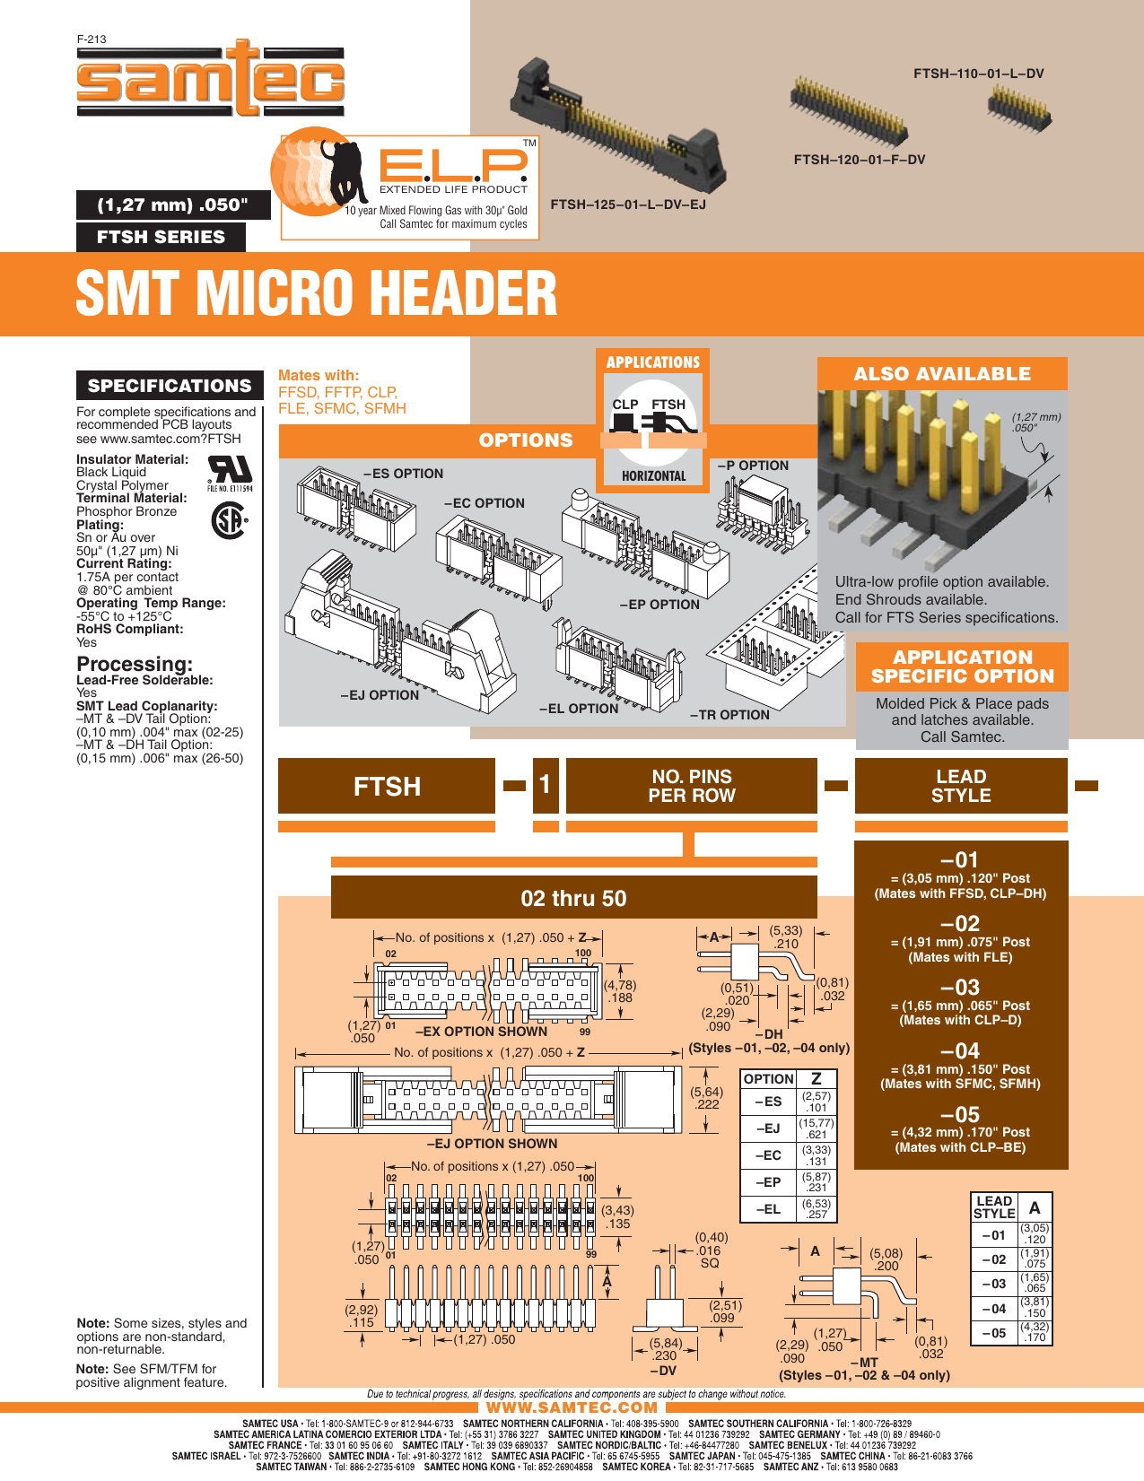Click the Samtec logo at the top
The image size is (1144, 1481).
tap(210, 78)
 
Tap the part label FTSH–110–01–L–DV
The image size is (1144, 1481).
tap(978, 74)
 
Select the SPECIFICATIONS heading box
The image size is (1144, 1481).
tap(169, 385)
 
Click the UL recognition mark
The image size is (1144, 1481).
tap(230, 473)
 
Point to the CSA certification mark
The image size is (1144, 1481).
tap(229, 520)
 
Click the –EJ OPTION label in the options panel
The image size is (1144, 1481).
tap(380, 695)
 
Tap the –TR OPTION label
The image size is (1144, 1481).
tap(729, 715)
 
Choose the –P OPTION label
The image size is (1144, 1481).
tap(753, 466)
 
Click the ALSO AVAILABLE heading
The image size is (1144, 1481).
tap(942, 373)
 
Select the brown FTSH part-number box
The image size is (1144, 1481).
tap(387, 786)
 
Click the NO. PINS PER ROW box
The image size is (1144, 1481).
tap(691, 786)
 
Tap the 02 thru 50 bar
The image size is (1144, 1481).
tap(573, 898)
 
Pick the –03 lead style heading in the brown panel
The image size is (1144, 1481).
tap(960, 987)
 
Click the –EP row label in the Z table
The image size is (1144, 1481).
tap(768, 1182)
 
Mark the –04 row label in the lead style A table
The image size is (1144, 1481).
tap(994, 1309)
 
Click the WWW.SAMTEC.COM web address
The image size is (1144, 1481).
tap(572, 1407)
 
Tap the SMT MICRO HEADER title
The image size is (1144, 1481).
tap(317, 293)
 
